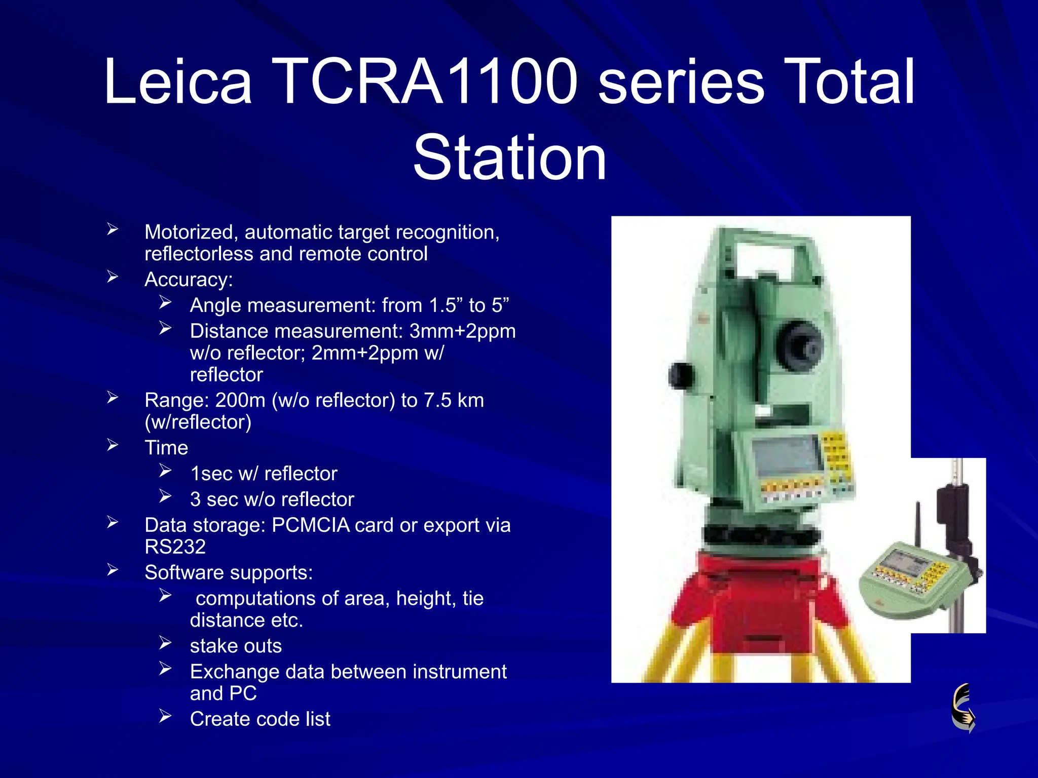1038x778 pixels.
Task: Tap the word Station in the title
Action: pos(509,158)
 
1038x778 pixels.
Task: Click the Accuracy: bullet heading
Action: pos(189,280)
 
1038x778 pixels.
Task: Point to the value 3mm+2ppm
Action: pos(462,331)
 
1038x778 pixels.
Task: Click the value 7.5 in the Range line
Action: pos(437,401)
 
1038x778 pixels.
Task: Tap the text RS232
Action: pos(175,547)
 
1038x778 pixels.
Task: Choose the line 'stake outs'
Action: pos(236,646)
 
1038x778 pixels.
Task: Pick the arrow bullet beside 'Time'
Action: pos(113,446)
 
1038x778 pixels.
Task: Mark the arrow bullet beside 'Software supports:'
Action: pos(113,570)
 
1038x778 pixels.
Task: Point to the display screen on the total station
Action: pos(786,454)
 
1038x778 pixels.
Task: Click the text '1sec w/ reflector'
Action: pos(264,474)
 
